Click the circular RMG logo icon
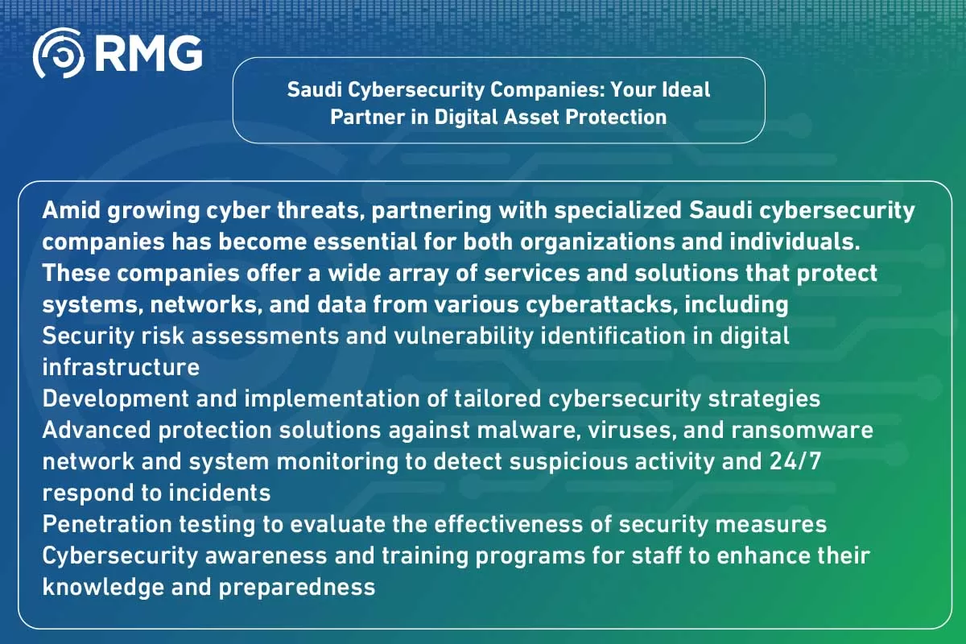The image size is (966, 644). click(x=58, y=53)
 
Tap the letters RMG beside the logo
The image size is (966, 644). click(x=148, y=53)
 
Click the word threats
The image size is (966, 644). click(x=319, y=211)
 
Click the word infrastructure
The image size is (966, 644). click(x=121, y=368)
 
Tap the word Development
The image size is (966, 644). click(x=116, y=399)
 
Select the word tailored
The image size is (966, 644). click(x=497, y=398)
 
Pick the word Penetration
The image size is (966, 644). click(x=107, y=525)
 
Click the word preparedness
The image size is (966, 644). click(x=297, y=588)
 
